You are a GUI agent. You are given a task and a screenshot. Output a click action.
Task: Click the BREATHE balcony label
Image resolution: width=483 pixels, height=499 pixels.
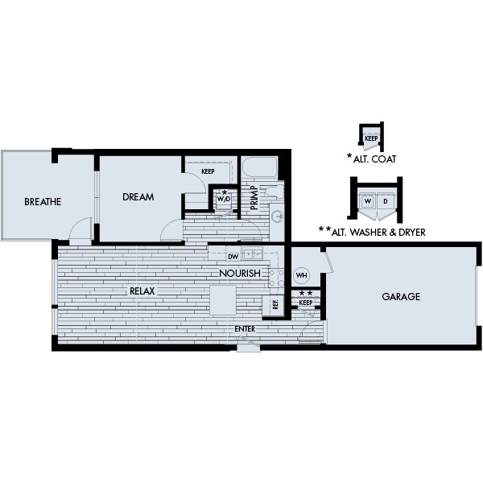point(43,202)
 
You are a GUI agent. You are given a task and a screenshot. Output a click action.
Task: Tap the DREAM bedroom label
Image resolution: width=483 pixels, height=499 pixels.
point(138,197)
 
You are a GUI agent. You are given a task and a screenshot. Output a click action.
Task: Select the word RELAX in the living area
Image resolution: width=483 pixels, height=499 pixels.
point(142,291)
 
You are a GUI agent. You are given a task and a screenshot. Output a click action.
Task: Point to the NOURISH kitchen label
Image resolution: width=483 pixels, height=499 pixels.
point(240,273)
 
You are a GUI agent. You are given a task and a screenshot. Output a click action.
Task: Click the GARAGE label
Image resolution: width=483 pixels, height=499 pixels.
point(401,297)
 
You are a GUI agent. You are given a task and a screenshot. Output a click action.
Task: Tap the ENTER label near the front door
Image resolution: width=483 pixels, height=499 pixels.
point(245,328)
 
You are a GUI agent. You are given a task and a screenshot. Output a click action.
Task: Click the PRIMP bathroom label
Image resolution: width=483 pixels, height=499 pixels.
point(254,198)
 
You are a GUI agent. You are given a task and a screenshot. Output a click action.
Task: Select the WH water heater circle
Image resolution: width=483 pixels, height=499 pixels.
point(302,275)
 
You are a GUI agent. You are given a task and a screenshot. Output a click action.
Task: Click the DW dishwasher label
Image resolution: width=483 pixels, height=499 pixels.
point(233,257)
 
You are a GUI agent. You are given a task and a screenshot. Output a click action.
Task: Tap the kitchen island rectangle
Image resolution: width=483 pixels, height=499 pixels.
point(223,300)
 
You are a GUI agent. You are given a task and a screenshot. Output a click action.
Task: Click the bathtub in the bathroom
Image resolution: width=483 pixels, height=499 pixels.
point(260,167)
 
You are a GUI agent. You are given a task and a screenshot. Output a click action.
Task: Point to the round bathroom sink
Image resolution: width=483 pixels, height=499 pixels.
point(278,217)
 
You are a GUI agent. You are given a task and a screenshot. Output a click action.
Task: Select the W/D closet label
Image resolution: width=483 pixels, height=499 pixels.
point(224,199)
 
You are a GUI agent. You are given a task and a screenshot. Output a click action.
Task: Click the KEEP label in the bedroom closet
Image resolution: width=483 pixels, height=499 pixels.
point(208,171)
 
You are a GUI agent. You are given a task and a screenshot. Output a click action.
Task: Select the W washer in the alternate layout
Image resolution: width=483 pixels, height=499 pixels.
point(368,201)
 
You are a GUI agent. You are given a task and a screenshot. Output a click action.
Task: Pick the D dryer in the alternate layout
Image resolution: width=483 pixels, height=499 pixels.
point(386,201)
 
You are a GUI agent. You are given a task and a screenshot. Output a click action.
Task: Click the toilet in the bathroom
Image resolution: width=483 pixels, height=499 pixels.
point(275,192)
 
